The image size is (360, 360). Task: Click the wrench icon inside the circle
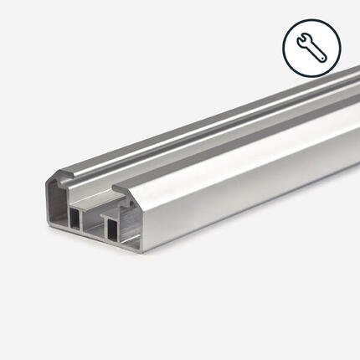point(311,47)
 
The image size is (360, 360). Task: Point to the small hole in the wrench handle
point(321,56)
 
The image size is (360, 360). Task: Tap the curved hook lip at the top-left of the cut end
point(59,177)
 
